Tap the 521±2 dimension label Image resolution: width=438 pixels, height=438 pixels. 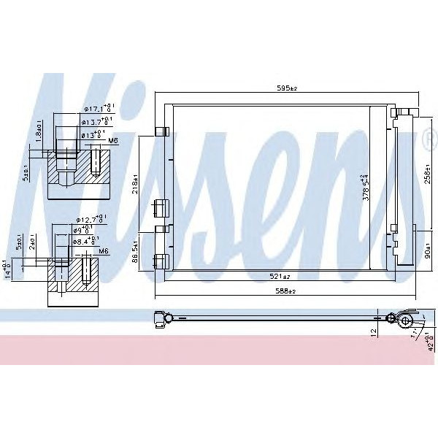point(282,277)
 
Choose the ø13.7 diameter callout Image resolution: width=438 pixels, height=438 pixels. point(96,122)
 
